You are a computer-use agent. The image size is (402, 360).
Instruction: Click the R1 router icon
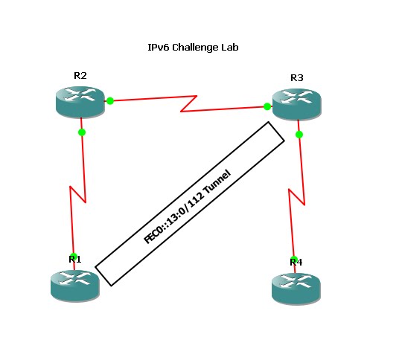tap(75, 286)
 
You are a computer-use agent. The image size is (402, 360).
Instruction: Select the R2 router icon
tap(80, 103)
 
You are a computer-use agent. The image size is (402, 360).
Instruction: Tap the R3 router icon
tap(296, 104)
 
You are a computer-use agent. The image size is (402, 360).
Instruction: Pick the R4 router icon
tap(296, 289)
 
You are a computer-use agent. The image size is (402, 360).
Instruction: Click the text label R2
tap(80, 76)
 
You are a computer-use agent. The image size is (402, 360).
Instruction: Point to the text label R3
tap(297, 77)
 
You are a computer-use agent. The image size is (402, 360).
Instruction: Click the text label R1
tap(75, 260)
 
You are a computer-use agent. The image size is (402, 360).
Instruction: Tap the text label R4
tap(296, 262)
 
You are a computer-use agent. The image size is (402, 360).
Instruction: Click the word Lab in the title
tap(230, 48)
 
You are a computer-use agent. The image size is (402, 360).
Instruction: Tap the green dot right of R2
tap(110, 101)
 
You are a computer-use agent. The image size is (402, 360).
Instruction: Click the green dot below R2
tap(82, 132)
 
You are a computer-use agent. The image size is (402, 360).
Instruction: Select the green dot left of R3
tap(267, 106)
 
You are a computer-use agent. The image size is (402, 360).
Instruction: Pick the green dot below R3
tap(299, 135)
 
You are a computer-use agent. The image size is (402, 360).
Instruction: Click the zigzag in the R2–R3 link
tap(188, 104)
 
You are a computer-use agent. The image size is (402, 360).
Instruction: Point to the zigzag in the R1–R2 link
tap(77, 194)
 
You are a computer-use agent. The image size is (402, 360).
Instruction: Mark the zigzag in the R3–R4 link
tap(296, 197)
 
